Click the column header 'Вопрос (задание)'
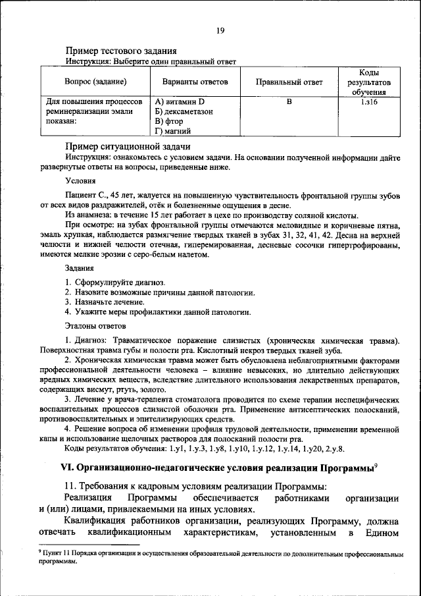click(x=95, y=82)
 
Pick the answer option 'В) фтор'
click(x=169, y=122)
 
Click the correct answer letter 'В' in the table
click(x=289, y=103)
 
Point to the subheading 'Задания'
click(x=79, y=268)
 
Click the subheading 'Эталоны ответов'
click(x=95, y=325)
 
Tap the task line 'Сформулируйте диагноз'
click(x=119, y=282)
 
